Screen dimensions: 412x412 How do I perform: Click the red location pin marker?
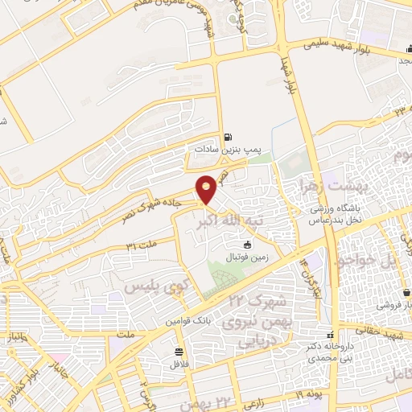coord(207,188)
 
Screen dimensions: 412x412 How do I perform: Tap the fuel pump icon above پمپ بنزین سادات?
coord(228,137)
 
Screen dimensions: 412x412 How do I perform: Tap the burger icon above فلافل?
coord(177,351)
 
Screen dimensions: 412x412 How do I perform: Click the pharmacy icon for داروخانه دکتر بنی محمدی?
coord(328,335)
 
